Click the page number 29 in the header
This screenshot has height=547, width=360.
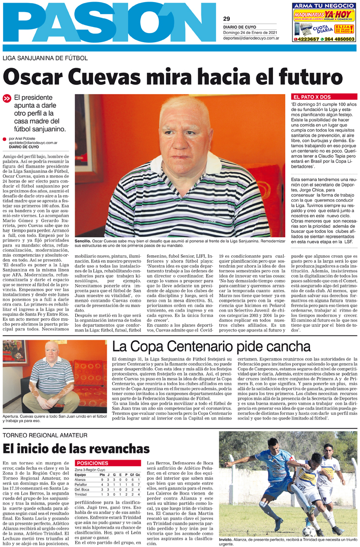[x=226, y=19]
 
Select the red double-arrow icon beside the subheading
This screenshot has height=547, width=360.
[x=7, y=99]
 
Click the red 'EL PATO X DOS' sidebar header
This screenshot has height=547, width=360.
[x=311, y=97]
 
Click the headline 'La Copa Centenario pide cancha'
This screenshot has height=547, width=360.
[x=212, y=347]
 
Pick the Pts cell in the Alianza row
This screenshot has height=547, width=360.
[x=102, y=479]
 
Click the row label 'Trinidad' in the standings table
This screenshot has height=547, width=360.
[x=81, y=494]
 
